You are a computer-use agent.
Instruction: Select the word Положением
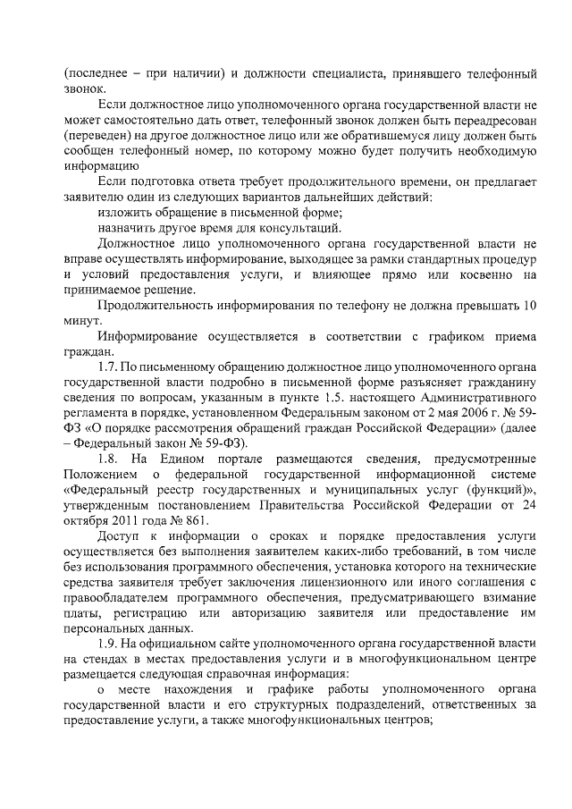pos(100,473)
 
